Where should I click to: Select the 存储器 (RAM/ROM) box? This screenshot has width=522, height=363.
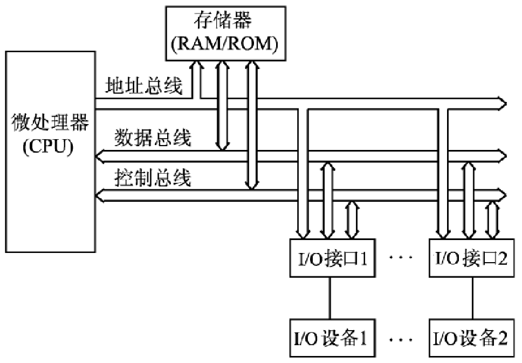(x=224, y=33)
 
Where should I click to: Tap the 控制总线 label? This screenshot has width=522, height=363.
(x=153, y=177)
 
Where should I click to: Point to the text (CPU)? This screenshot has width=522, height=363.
(x=48, y=147)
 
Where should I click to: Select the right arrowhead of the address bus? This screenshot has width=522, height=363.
(x=503, y=101)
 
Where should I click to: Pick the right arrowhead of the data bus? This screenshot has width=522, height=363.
(x=503, y=156)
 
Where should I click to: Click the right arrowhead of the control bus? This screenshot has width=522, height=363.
(x=503, y=195)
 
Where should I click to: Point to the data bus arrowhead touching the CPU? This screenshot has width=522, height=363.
(x=100, y=156)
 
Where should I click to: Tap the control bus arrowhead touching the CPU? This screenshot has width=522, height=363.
(x=100, y=195)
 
